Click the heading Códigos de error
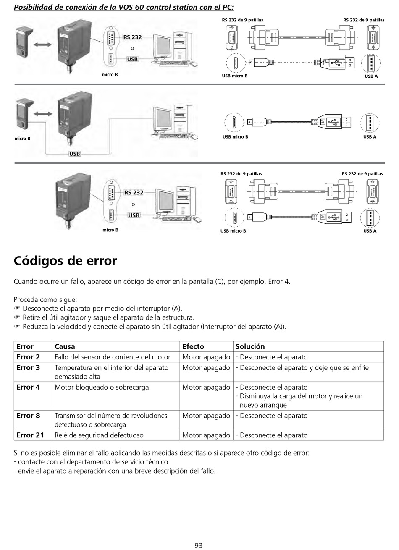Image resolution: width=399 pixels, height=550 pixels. (x=65, y=261)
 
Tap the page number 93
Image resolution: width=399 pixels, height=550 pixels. (x=199, y=545)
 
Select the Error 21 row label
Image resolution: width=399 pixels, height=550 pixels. (x=30, y=435)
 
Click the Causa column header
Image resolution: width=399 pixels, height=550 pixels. (x=65, y=346)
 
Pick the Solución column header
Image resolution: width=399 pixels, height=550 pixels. (x=250, y=346)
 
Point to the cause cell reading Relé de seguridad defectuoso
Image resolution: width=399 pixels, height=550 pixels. (x=99, y=435)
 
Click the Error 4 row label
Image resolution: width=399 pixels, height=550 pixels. (x=28, y=387)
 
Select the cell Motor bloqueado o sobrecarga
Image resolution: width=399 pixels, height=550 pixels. (x=102, y=387)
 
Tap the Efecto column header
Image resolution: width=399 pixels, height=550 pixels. (x=193, y=346)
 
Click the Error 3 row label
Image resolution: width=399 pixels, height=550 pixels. (x=28, y=367)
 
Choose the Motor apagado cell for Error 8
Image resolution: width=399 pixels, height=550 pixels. (x=206, y=416)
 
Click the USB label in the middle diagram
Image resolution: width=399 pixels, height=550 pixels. (x=74, y=154)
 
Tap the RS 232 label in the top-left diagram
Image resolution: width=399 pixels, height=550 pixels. (x=132, y=37)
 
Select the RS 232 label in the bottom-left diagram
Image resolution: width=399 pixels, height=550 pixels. (x=134, y=192)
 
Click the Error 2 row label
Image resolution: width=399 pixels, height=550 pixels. (x=28, y=357)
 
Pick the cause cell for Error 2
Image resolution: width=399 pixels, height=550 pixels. (x=113, y=357)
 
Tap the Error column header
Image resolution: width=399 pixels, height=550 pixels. (x=25, y=346)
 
